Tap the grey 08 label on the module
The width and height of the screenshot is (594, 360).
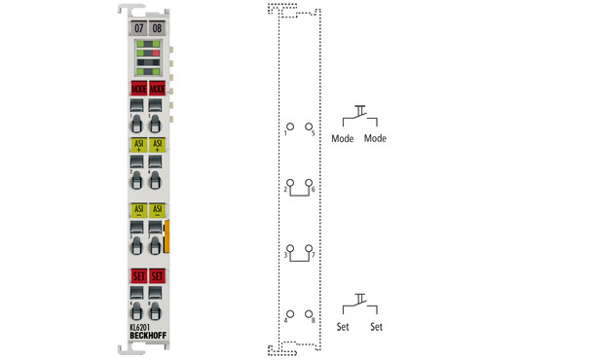coord(157,27)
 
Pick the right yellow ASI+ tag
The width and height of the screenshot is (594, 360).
coord(158,145)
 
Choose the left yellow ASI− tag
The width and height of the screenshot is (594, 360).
coord(138,209)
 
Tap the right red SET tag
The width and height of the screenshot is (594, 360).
coord(158,276)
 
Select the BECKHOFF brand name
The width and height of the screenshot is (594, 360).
coord(148,337)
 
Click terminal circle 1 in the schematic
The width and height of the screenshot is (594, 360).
coord(290,126)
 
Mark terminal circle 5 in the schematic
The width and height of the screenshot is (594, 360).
coord(308,126)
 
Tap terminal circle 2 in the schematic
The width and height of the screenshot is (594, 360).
coord(290,183)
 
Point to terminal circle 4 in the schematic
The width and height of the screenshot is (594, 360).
coord(290,313)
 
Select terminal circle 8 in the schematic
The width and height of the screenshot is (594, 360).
coord(308,313)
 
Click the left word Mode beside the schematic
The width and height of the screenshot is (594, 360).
coord(343,138)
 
